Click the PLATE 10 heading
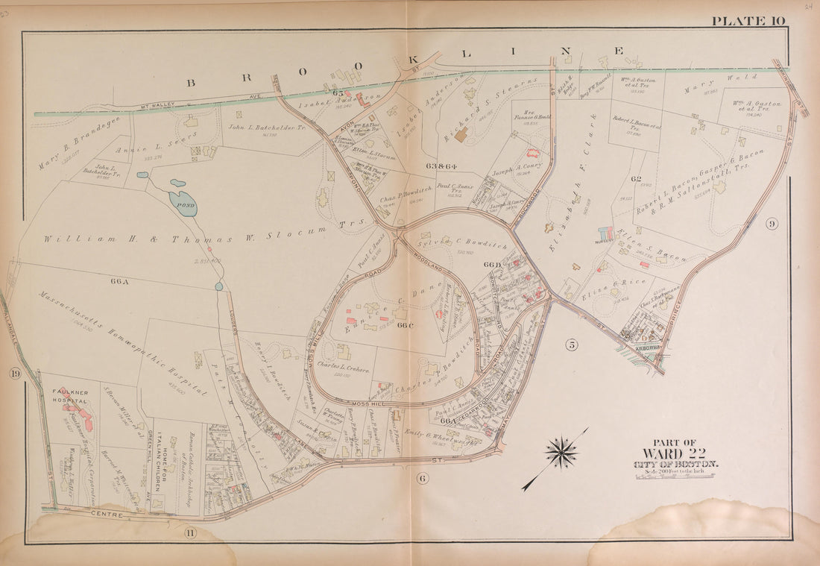[748, 21]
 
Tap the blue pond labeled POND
[183, 202]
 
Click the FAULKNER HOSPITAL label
[70, 396]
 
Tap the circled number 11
[190, 532]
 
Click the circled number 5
[571, 344]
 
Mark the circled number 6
[422, 478]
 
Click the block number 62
[635, 179]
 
